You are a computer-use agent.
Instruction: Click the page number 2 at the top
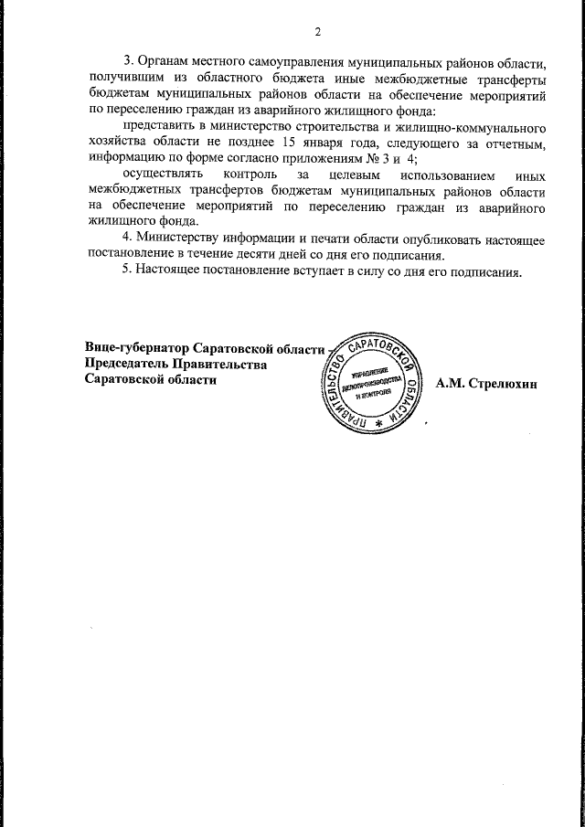(x=317, y=33)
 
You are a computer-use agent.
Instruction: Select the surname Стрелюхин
(x=503, y=383)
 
